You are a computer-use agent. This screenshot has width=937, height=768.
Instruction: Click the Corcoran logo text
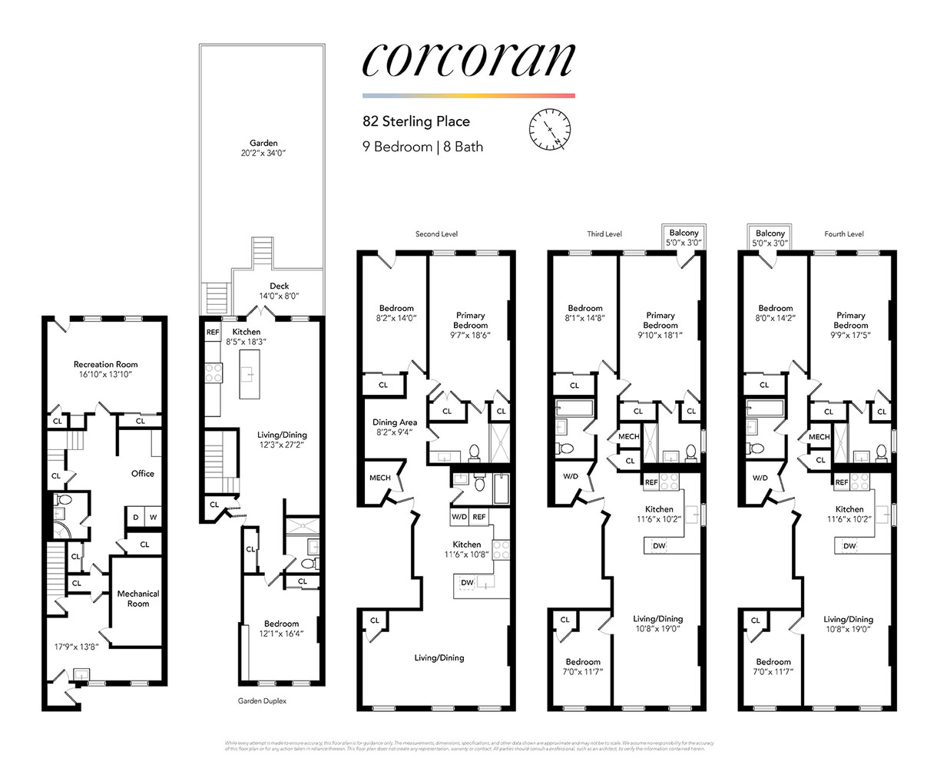point(468,59)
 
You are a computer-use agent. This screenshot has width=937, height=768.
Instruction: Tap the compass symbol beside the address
point(550,129)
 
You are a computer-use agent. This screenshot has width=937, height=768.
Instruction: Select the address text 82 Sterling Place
point(416,121)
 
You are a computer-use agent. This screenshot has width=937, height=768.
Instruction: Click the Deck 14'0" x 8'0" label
point(279,290)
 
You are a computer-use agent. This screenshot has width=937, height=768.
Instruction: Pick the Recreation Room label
point(105,369)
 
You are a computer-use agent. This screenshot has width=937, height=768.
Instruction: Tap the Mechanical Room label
point(138,598)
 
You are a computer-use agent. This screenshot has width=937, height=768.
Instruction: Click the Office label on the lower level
point(142,474)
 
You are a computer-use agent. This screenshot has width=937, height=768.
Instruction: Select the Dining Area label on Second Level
point(395,427)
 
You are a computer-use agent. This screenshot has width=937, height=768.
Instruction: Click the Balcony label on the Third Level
point(684,237)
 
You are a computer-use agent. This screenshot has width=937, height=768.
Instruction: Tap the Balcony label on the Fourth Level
point(770,237)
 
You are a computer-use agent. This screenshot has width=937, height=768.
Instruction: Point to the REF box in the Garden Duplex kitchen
point(212,333)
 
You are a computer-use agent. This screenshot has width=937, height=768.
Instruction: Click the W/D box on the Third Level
point(571,476)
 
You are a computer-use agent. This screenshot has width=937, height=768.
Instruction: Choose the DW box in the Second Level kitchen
point(467,583)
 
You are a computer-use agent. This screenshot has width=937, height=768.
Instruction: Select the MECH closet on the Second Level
point(379,478)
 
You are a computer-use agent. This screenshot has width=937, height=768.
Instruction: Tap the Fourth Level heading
point(843,234)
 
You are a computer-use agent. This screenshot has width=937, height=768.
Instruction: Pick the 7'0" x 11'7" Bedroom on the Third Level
point(583,667)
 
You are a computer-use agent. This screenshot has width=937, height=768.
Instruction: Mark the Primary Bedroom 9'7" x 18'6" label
point(470,325)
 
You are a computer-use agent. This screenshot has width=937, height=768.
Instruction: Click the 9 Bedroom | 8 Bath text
point(422,146)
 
